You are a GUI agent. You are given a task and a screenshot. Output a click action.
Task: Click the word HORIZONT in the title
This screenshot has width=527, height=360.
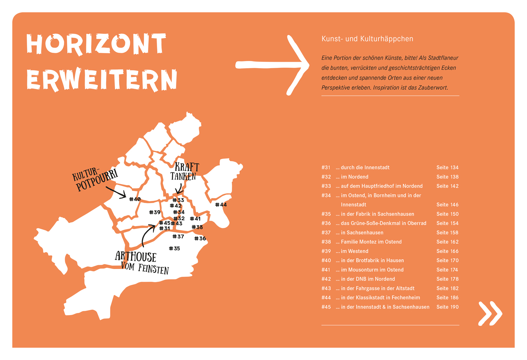point(96,44)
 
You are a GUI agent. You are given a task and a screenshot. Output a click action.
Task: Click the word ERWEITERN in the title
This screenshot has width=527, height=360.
point(102,80)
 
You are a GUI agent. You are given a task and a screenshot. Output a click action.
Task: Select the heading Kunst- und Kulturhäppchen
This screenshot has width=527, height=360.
point(367,39)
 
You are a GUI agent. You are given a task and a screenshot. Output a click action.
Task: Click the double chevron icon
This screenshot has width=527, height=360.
point(490,313)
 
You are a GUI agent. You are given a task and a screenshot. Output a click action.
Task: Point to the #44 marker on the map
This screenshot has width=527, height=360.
point(221,205)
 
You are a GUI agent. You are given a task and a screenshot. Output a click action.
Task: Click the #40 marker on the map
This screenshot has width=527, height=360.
point(135,199)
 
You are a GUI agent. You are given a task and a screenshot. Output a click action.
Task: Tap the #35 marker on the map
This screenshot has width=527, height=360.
point(174,248)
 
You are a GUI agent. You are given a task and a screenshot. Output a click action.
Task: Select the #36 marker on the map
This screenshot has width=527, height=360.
point(200,238)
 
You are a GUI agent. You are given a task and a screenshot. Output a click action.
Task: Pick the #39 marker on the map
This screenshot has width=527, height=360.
point(155,212)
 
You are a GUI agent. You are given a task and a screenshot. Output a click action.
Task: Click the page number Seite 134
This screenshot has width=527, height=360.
point(447,168)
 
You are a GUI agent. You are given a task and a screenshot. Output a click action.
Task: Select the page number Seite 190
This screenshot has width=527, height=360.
point(447,307)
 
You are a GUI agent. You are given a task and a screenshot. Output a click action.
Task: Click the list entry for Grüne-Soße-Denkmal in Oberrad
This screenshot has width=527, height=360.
point(383,223)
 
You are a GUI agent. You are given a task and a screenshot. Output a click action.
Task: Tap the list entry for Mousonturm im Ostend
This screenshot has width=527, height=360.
point(372,270)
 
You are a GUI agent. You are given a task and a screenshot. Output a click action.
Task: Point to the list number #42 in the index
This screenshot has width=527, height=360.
point(326,279)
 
